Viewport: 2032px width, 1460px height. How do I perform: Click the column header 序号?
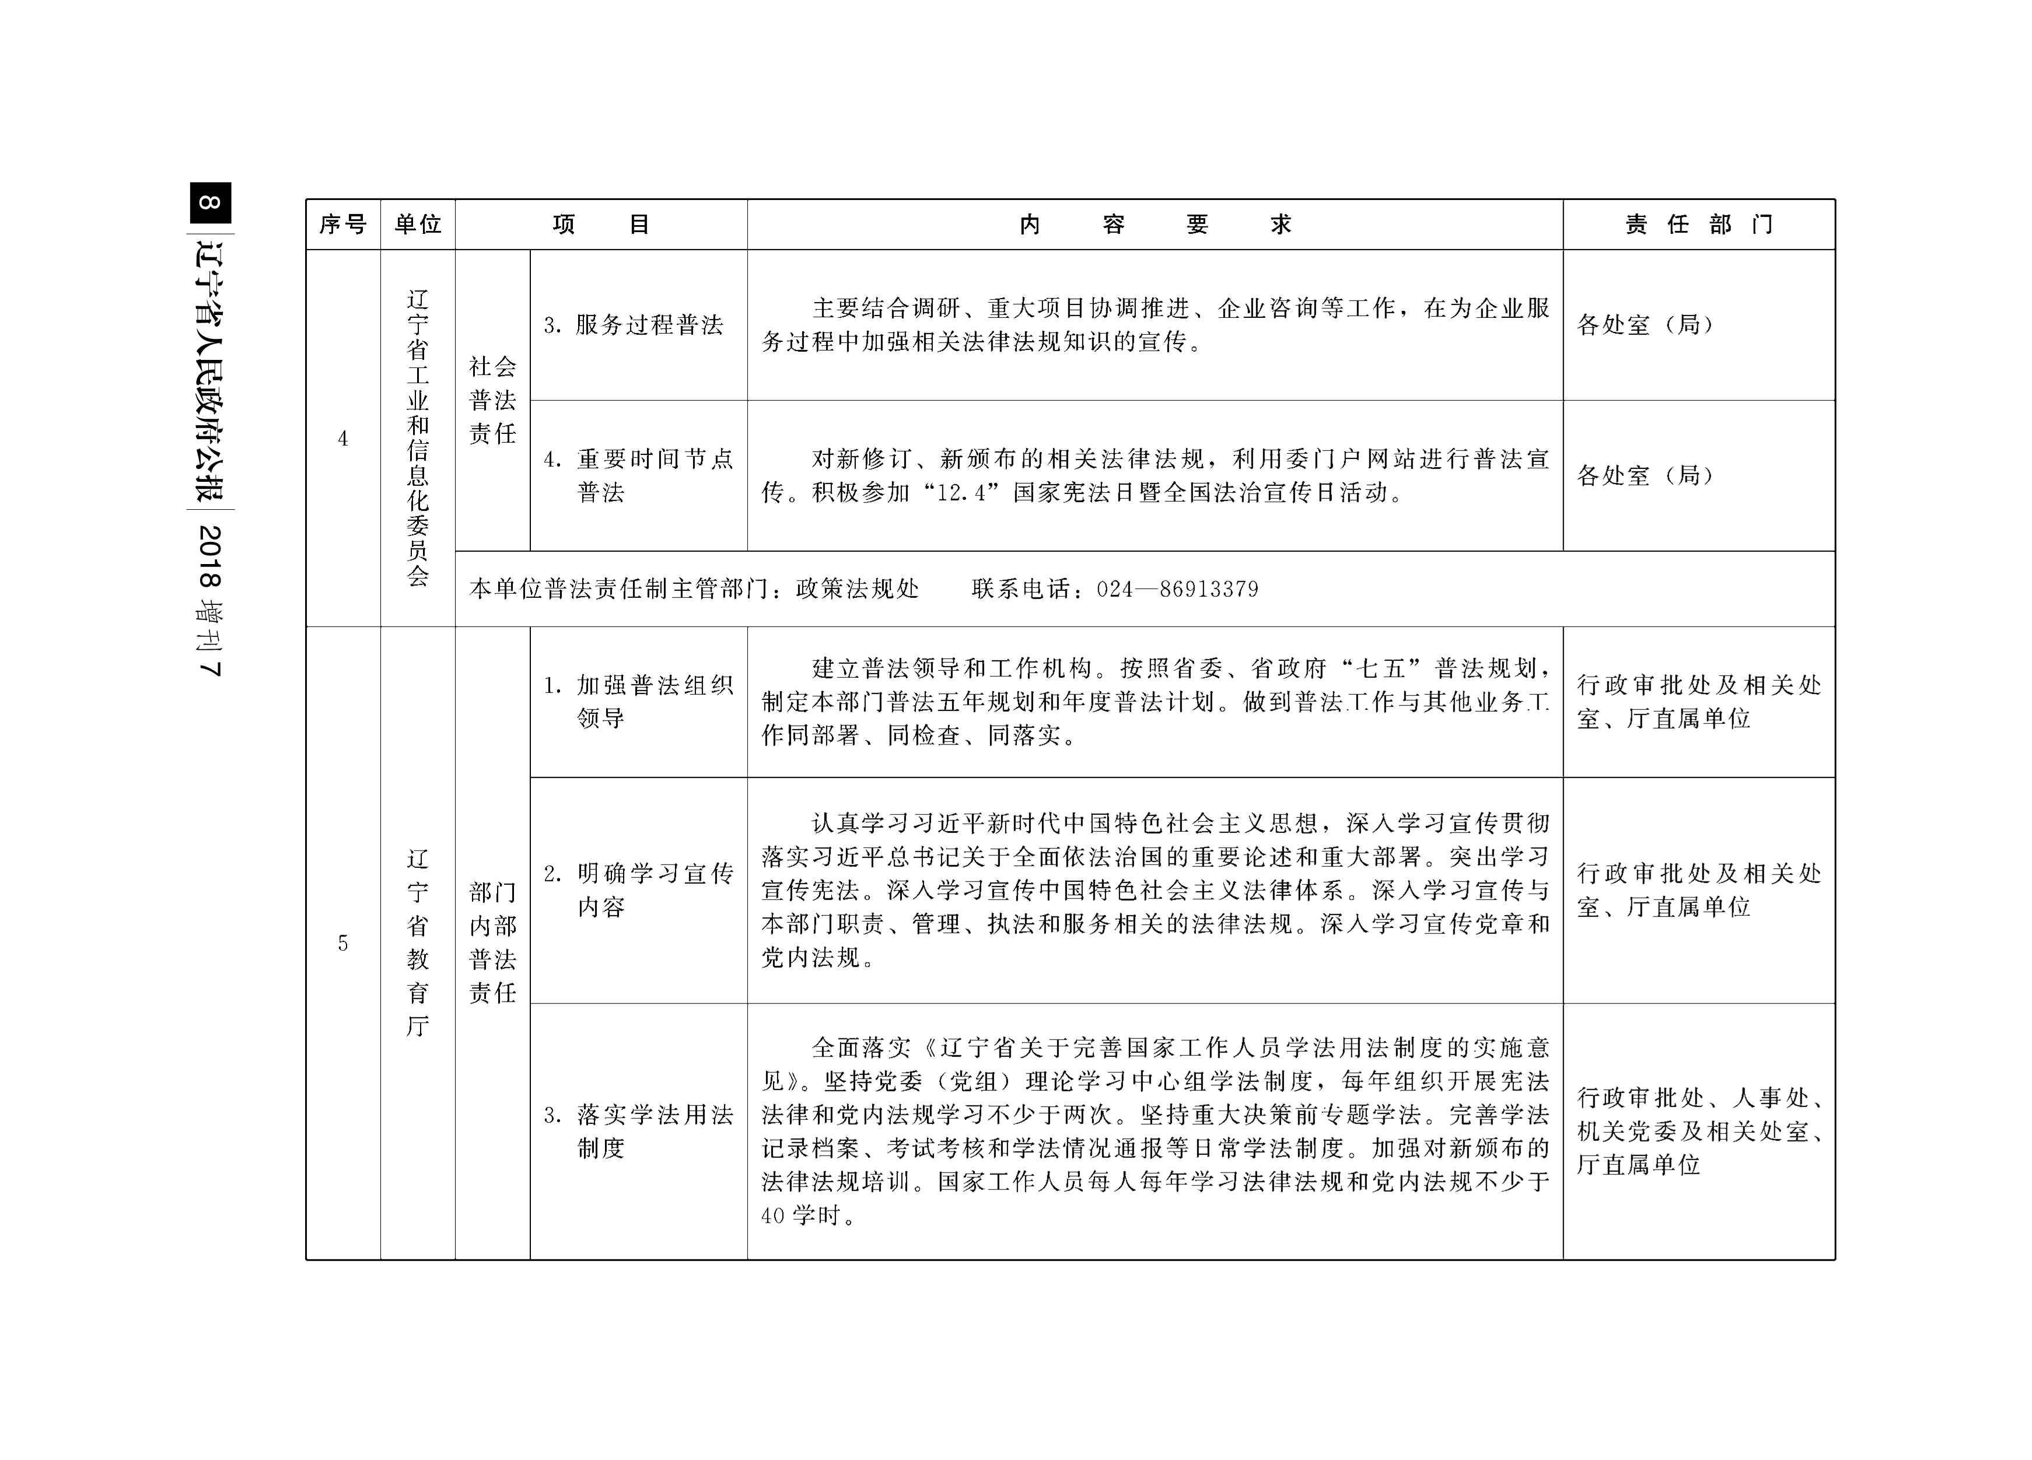click(x=343, y=224)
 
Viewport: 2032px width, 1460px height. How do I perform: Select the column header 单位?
click(x=418, y=224)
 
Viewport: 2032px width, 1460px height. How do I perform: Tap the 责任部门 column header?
click(x=1699, y=224)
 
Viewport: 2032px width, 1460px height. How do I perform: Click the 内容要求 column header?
click(x=1155, y=224)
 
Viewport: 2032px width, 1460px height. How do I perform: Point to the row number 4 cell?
click(x=342, y=439)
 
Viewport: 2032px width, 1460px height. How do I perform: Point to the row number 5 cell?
click(x=342, y=943)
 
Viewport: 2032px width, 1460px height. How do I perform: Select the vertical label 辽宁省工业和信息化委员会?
click(x=418, y=438)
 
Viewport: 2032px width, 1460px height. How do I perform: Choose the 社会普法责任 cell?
click(x=493, y=400)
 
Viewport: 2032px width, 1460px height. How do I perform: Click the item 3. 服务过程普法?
click(x=634, y=325)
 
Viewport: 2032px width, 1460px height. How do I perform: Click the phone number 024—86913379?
click(x=1177, y=589)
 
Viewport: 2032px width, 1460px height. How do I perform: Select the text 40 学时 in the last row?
click(x=801, y=1216)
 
